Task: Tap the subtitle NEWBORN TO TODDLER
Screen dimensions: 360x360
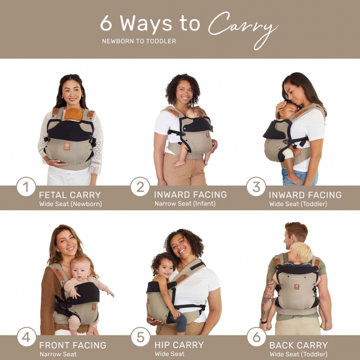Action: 139,41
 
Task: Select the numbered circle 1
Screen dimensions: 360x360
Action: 26,187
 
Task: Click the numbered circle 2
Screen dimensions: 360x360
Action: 140,187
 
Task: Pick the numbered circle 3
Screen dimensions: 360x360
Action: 256,187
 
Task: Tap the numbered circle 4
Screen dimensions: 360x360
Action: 26,337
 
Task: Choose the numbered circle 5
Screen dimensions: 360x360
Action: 140,337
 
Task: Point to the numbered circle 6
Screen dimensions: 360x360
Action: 257,337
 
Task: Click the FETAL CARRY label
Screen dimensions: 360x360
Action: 70,195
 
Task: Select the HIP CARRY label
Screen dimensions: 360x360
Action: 179,345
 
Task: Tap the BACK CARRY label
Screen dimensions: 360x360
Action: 299,346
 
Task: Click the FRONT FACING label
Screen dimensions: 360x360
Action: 73,346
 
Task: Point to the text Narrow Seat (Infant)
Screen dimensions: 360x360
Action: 185,204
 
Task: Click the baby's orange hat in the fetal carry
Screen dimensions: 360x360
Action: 73,114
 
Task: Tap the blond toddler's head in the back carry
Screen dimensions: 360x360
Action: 301,252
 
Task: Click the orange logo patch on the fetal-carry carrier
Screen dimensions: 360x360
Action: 67,146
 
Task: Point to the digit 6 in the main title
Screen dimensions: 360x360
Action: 106,23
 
